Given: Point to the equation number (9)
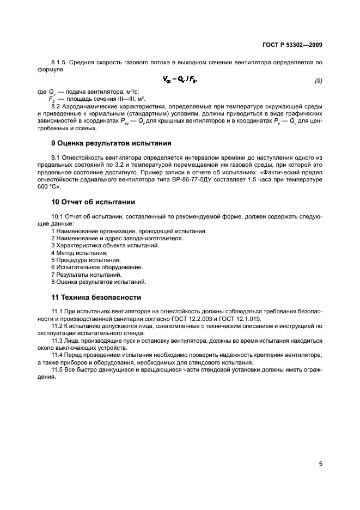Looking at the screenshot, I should [x=319, y=81].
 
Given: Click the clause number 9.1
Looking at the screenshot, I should [x=56, y=157].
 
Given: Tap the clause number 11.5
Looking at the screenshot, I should [x=58, y=368].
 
